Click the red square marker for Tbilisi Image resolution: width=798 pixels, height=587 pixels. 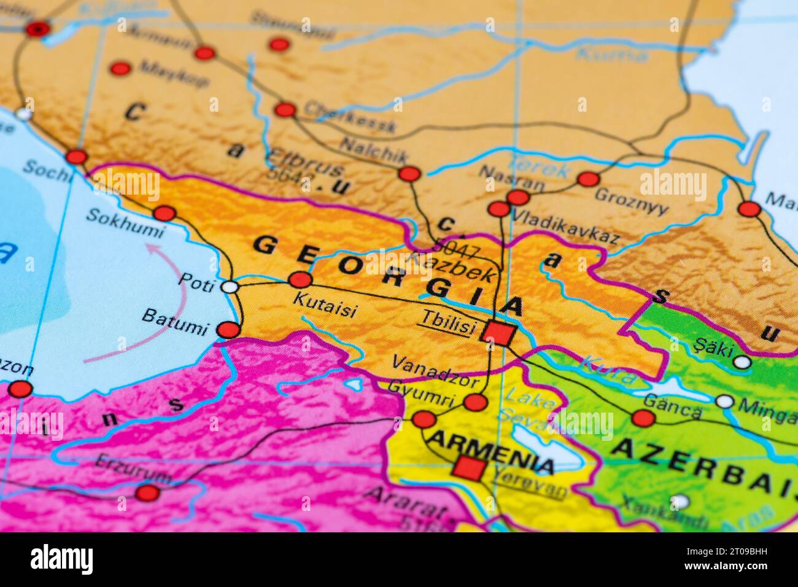pyautogui.click(x=498, y=333)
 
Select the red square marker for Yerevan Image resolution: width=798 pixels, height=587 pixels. pyautogui.click(x=468, y=468)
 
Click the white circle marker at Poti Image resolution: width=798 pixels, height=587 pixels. pyautogui.click(x=230, y=287)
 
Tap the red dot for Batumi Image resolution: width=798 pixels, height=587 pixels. pyautogui.click(x=229, y=330)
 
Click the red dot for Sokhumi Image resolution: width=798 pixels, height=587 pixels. pyautogui.click(x=164, y=214)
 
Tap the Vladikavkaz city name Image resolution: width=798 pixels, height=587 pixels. pyautogui.click(x=565, y=227)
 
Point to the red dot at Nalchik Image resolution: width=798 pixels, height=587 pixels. pyautogui.click(x=409, y=174)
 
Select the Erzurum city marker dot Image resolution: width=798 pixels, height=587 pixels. pyautogui.click(x=147, y=492)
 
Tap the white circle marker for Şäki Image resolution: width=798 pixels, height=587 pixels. pyautogui.click(x=742, y=362)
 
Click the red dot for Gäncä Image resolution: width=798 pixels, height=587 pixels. pyautogui.click(x=643, y=419)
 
